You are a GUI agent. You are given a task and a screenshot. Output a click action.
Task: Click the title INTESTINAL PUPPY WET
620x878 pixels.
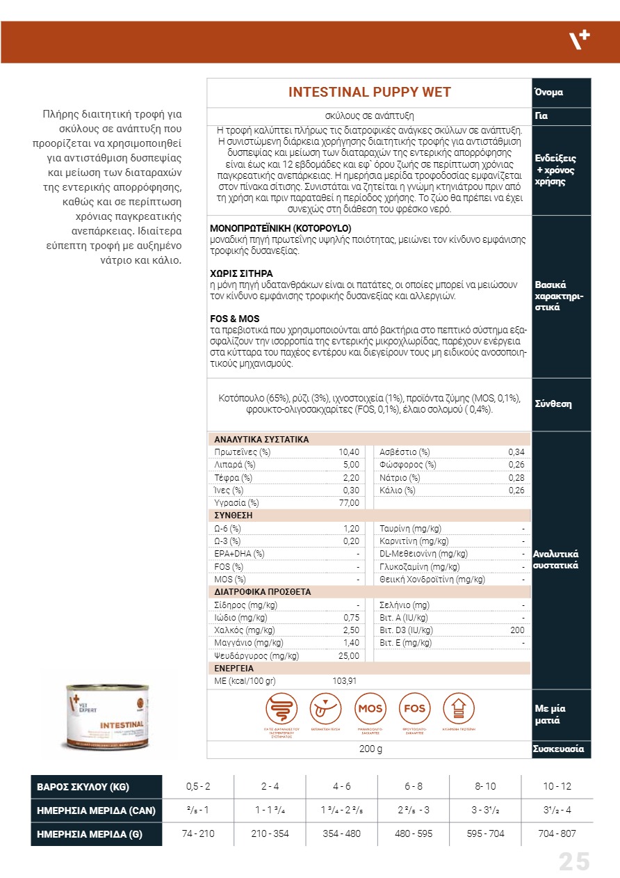click(x=369, y=93)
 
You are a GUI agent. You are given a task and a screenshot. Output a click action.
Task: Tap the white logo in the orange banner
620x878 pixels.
click(x=580, y=40)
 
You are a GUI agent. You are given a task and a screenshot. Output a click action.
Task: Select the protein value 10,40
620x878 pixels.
click(x=349, y=452)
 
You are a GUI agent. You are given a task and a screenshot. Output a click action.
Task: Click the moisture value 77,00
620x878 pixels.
click(x=349, y=503)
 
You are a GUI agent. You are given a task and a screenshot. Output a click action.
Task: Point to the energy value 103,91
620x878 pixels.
click(x=345, y=681)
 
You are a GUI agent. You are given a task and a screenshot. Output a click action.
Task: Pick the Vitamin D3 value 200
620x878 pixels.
click(x=517, y=630)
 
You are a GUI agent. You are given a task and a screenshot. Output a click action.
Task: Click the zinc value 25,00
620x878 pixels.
click(x=349, y=655)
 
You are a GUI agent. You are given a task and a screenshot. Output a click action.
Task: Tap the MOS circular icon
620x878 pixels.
click(x=370, y=709)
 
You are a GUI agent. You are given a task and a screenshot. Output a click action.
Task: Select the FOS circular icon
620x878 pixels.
click(x=415, y=709)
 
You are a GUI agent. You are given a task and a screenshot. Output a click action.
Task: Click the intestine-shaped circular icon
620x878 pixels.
click(x=282, y=709)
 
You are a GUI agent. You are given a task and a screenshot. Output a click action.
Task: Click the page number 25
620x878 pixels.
click(x=574, y=862)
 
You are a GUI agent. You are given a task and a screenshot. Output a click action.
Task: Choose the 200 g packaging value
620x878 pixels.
click(x=370, y=749)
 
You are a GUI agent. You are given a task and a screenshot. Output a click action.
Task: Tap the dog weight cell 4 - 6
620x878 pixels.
click(x=342, y=787)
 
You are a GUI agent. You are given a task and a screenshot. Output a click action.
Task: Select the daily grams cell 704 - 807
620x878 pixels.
click(x=557, y=833)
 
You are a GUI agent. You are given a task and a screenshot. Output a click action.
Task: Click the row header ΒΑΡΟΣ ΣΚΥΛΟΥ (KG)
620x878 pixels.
click(x=83, y=787)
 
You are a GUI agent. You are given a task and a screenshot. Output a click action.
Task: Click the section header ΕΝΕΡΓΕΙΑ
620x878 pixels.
click(x=234, y=669)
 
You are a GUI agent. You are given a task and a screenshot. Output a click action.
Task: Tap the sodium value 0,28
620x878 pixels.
click(x=516, y=478)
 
